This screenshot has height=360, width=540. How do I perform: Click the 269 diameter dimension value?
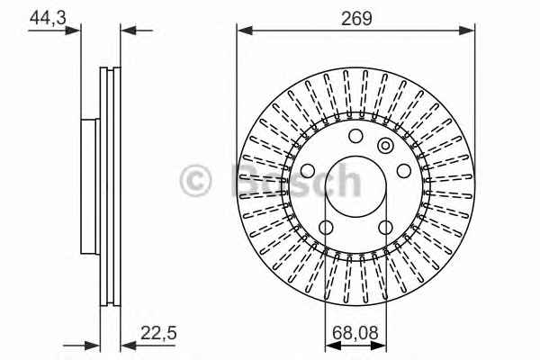tap(356, 18)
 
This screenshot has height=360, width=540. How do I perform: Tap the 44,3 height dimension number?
tap(48, 18)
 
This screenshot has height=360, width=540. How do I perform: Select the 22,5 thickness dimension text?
tap(158, 333)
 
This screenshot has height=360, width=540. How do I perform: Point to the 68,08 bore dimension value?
tap(355, 333)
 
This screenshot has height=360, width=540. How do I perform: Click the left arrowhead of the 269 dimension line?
tap(245, 31)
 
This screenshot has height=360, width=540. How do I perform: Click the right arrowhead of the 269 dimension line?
tap(466, 31)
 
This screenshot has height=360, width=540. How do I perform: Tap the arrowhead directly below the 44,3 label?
tap(72, 31)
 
